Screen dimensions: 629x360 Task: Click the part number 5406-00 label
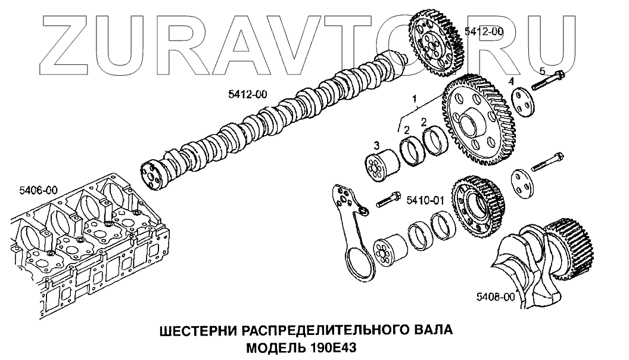click(38, 190)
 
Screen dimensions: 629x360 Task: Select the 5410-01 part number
click(425, 200)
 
